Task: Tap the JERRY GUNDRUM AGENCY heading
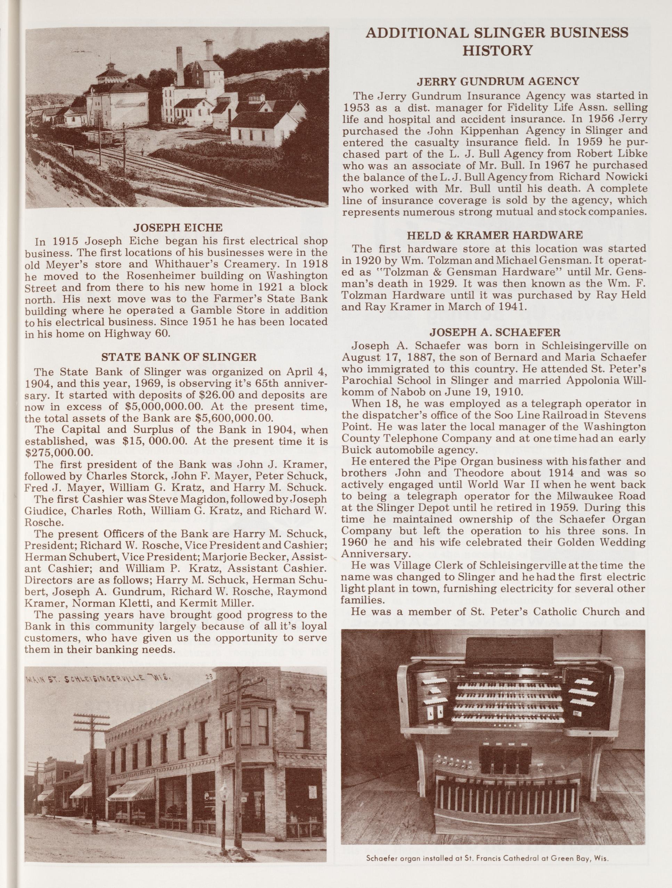(498, 81)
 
